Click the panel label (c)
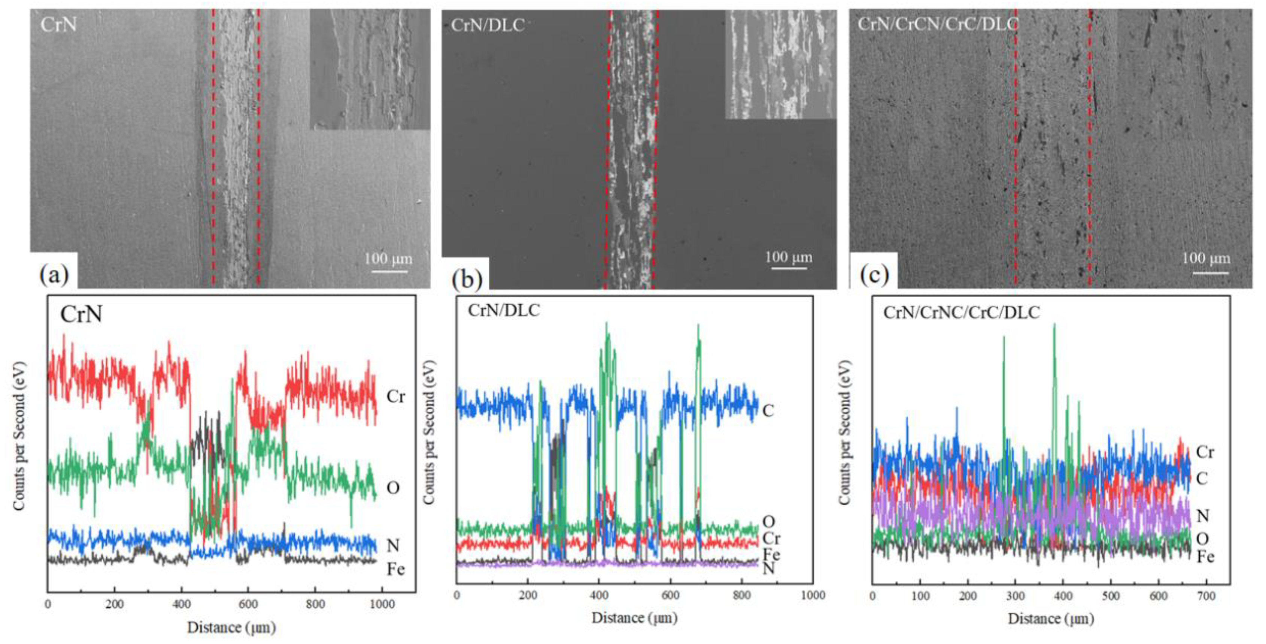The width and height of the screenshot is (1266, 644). tap(874, 275)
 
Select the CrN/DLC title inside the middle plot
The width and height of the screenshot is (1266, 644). tap(503, 311)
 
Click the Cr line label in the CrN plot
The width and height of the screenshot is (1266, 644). tap(396, 396)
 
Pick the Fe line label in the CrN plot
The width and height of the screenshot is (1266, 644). tap(396, 569)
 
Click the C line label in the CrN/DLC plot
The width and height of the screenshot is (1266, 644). tap(768, 410)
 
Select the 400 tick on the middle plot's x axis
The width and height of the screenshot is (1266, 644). tap(599, 596)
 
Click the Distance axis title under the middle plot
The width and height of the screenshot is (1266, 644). tap(634, 618)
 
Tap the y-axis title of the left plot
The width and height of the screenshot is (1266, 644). tap(19, 437)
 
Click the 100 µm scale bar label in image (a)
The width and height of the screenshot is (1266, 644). tap(388, 259)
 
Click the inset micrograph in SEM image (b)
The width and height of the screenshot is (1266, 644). tap(780, 65)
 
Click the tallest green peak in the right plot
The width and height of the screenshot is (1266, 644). tap(1054, 325)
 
